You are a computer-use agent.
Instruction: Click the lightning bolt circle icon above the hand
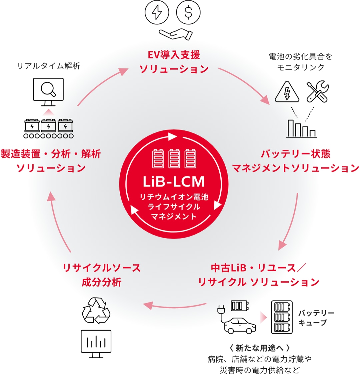click(x=156, y=13)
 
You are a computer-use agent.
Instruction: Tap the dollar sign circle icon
click(x=188, y=13)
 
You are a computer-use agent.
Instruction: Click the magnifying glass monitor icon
click(x=48, y=89)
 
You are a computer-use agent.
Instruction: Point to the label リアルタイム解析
click(x=49, y=66)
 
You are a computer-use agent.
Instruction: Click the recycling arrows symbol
click(x=96, y=311)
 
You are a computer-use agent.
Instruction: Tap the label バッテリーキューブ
click(x=316, y=318)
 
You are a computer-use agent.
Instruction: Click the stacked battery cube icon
click(x=282, y=317)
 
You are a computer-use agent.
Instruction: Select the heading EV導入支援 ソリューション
click(x=174, y=62)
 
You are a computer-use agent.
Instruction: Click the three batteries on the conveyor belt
click(x=49, y=128)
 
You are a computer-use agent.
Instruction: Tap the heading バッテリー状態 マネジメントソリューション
click(x=295, y=161)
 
